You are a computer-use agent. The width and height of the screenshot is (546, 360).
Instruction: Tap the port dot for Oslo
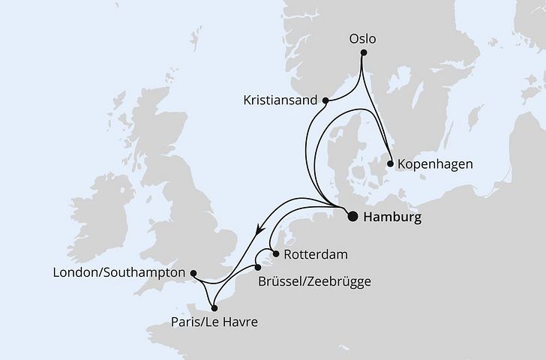coord(363,53)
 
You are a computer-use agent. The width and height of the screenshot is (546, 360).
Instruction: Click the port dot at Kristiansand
coord(325,100)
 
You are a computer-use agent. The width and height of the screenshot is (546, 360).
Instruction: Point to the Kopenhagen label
coord(436,163)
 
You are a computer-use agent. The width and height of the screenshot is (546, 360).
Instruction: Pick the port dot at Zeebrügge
coord(257,267)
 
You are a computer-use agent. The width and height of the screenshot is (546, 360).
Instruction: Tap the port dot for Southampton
coord(193,274)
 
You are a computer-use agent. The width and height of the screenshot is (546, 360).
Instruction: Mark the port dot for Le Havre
coord(214,307)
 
